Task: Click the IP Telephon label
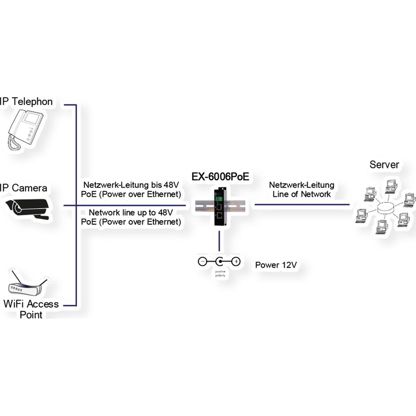point(27,102)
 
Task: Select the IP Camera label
point(24,188)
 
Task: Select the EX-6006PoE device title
point(220,176)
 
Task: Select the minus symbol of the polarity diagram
point(202,262)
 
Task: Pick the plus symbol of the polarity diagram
point(236,262)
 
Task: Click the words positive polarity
point(219,273)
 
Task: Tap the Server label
point(384,164)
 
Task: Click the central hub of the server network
point(383,208)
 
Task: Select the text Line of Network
point(302,194)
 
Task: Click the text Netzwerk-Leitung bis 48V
point(131,185)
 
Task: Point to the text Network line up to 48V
point(131,212)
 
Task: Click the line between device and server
point(302,205)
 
